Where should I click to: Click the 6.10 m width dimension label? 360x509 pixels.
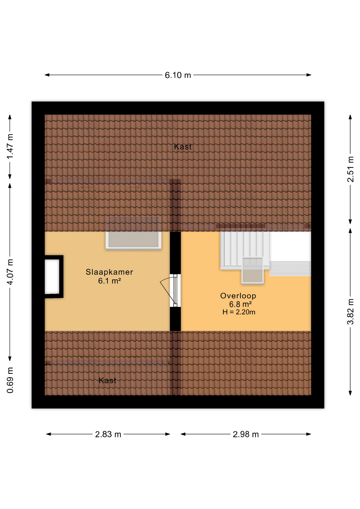click(x=178, y=75)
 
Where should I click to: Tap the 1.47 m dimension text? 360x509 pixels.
click(x=10, y=147)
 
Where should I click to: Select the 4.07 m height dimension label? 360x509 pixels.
click(x=10, y=272)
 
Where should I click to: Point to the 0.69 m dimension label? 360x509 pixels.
click(x=10, y=380)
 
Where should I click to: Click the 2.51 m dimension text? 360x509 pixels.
click(x=350, y=169)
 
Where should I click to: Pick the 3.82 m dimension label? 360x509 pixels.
click(x=350, y=311)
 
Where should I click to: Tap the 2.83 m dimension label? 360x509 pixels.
click(x=108, y=434)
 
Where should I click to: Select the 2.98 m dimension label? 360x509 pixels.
click(x=245, y=434)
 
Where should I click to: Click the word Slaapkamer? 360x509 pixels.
click(x=109, y=272)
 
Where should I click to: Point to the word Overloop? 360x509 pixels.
click(x=238, y=296)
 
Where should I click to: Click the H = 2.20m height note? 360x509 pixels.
click(x=239, y=312)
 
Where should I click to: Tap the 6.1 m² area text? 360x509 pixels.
click(x=109, y=281)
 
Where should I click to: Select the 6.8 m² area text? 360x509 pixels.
click(x=240, y=304)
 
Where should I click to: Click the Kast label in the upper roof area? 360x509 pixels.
click(x=183, y=147)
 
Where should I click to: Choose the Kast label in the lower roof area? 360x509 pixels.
click(x=107, y=380)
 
